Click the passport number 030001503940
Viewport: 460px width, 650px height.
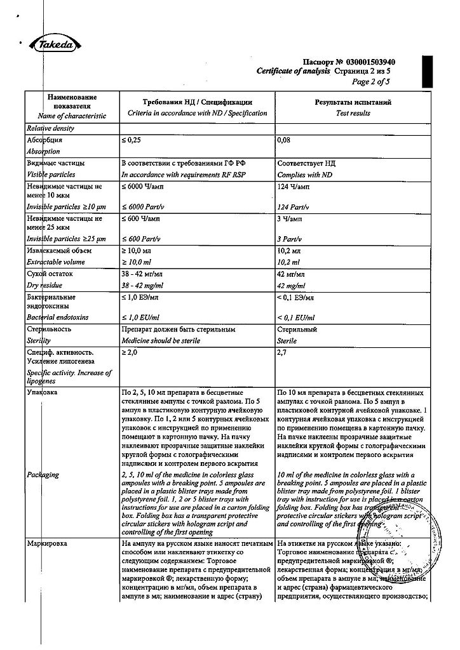click(x=370, y=62)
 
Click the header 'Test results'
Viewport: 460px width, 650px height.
click(x=353, y=114)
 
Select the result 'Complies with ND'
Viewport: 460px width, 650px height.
click(x=305, y=175)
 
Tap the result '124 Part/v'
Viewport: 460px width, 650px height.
click(x=294, y=208)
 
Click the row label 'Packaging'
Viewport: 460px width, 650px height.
click(x=43, y=474)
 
